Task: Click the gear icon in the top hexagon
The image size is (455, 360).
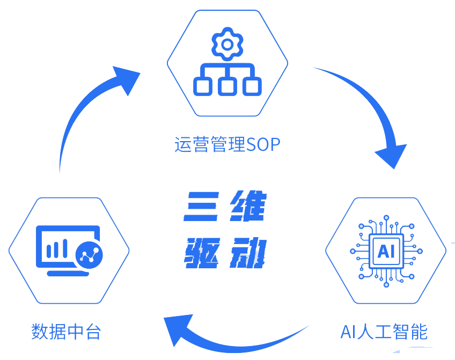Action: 227,45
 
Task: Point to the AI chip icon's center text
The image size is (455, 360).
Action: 385,251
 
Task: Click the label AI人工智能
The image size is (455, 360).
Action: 384,332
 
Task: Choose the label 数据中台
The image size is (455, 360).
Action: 66,332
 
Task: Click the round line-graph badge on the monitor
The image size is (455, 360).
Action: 89,254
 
